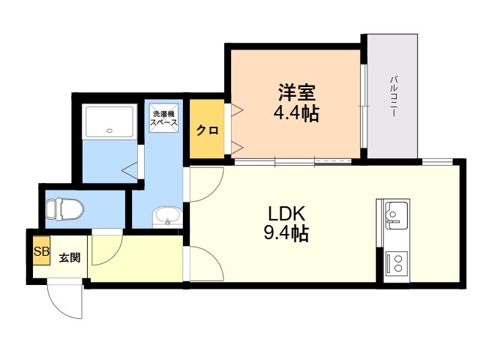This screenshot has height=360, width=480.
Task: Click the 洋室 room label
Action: coord(296,94)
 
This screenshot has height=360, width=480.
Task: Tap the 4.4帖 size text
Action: coord(296,114)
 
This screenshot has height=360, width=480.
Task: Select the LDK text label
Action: coord(286,213)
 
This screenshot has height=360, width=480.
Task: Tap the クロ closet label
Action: coord(206,130)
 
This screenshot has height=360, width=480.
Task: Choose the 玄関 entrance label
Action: coord(70,257)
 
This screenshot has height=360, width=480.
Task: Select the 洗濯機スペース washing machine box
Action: coord(163,117)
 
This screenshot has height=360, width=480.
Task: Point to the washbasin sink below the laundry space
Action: coord(166,217)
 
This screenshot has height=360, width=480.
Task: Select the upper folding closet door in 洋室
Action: coord(235,112)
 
